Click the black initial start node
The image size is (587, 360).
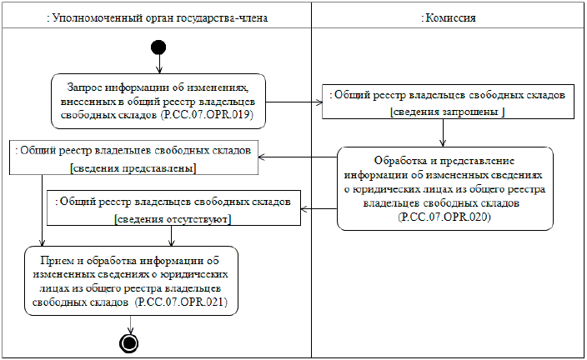click(x=156, y=47)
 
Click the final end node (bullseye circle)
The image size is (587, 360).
click(x=128, y=341)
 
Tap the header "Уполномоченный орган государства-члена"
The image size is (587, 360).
click(x=155, y=17)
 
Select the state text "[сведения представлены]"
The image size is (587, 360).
click(x=133, y=167)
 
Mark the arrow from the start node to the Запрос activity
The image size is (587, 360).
click(x=156, y=62)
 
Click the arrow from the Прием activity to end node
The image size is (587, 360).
click(x=128, y=323)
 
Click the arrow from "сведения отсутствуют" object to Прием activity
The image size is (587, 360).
click(x=172, y=235)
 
